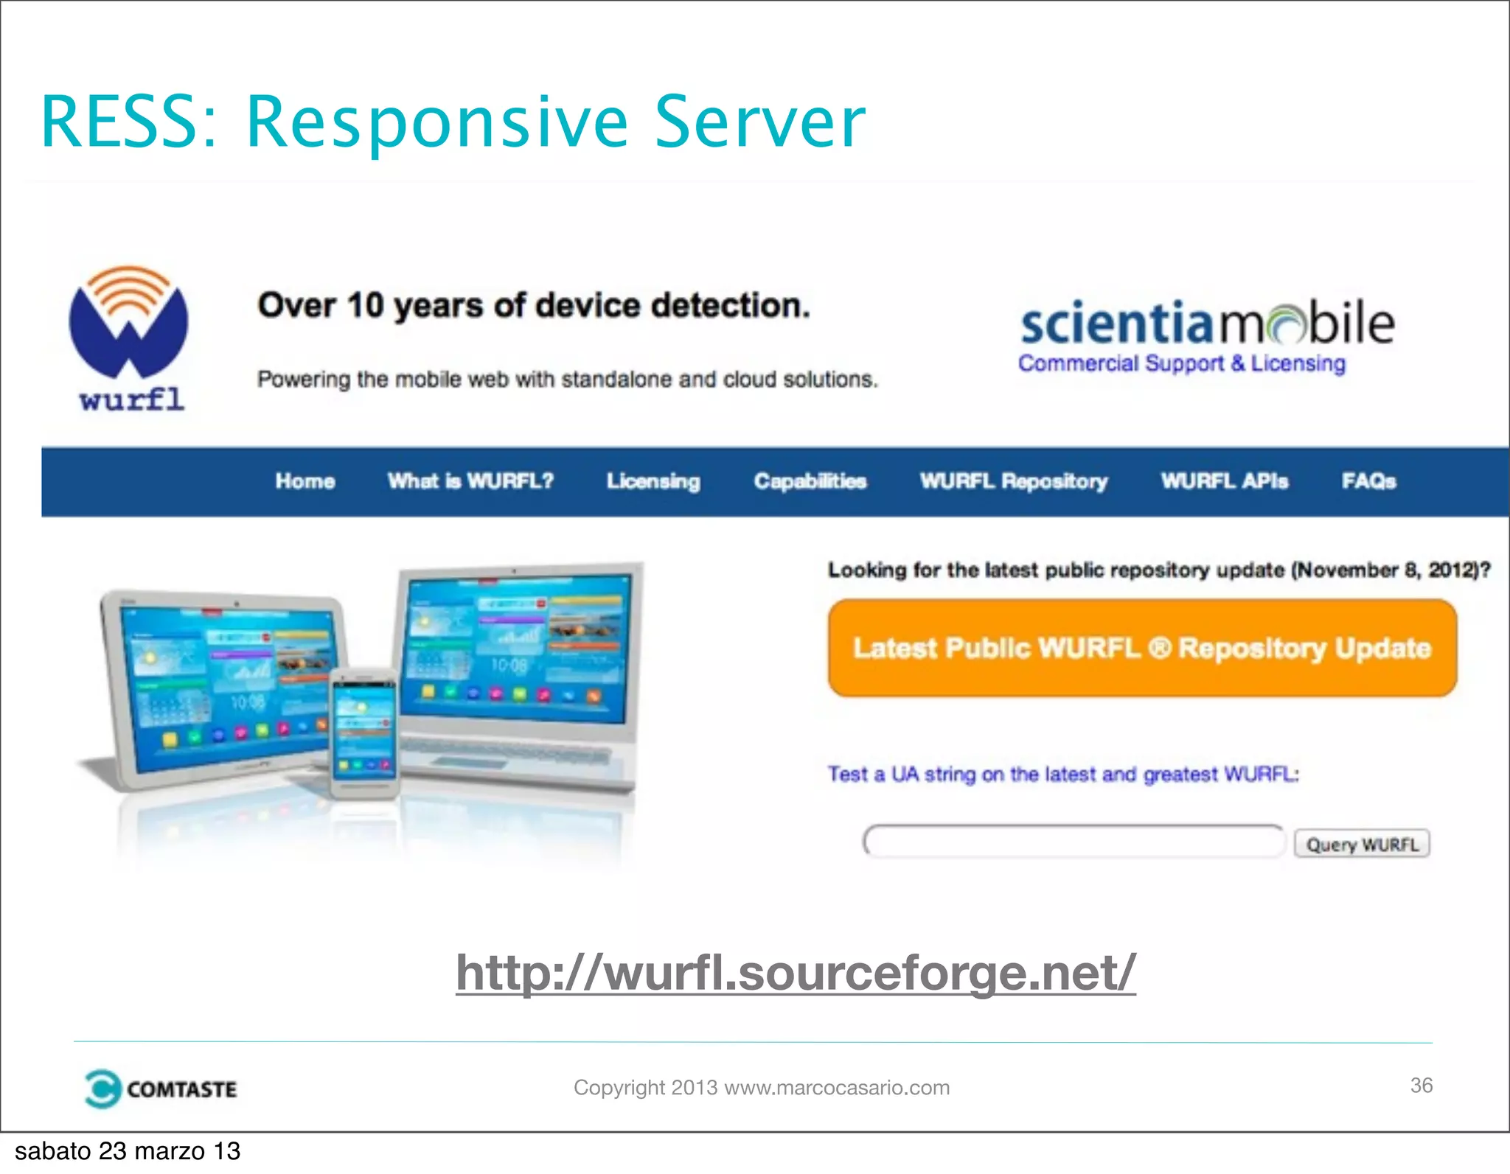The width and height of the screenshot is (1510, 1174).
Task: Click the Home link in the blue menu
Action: pyautogui.click(x=305, y=481)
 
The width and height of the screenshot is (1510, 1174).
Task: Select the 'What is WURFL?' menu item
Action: pyautogui.click(x=470, y=481)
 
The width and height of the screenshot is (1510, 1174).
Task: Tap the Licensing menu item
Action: pyautogui.click(x=653, y=481)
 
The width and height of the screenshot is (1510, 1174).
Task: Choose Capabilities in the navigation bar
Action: pyautogui.click(x=810, y=481)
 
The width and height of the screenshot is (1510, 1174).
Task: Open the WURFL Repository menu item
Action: pyautogui.click(x=1014, y=481)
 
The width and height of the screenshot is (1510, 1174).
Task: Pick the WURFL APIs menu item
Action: pyautogui.click(x=1225, y=481)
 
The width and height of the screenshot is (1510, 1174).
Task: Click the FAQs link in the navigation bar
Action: pyautogui.click(x=1368, y=481)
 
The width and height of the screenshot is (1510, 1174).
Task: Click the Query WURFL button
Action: pyautogui.click(x=1362, y=844)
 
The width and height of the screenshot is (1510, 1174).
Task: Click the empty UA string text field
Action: pyautogui.click(x=1074, y=842)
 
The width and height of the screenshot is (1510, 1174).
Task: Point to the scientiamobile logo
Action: pyautogui.click(x=1207, y=324)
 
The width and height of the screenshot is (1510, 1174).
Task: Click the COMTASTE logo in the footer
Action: pyautogui.click(x=161, y=1089)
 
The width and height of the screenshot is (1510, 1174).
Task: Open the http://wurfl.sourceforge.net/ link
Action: pyautogui.click(x=796, y=973)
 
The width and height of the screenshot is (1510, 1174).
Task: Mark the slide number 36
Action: pyautogui.click(x=1421, y=1086)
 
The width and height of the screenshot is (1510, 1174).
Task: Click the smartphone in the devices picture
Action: pyautogui.click(x=363, y=734)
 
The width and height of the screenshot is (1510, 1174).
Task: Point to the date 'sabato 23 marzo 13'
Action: pyautogui.click(x=128, y=1151)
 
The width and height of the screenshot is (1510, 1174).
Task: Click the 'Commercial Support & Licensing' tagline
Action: pyautogui.click(x=1181, y=363)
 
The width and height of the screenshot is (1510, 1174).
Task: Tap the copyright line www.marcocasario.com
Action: pyautogui.click(x=762, y=1088)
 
